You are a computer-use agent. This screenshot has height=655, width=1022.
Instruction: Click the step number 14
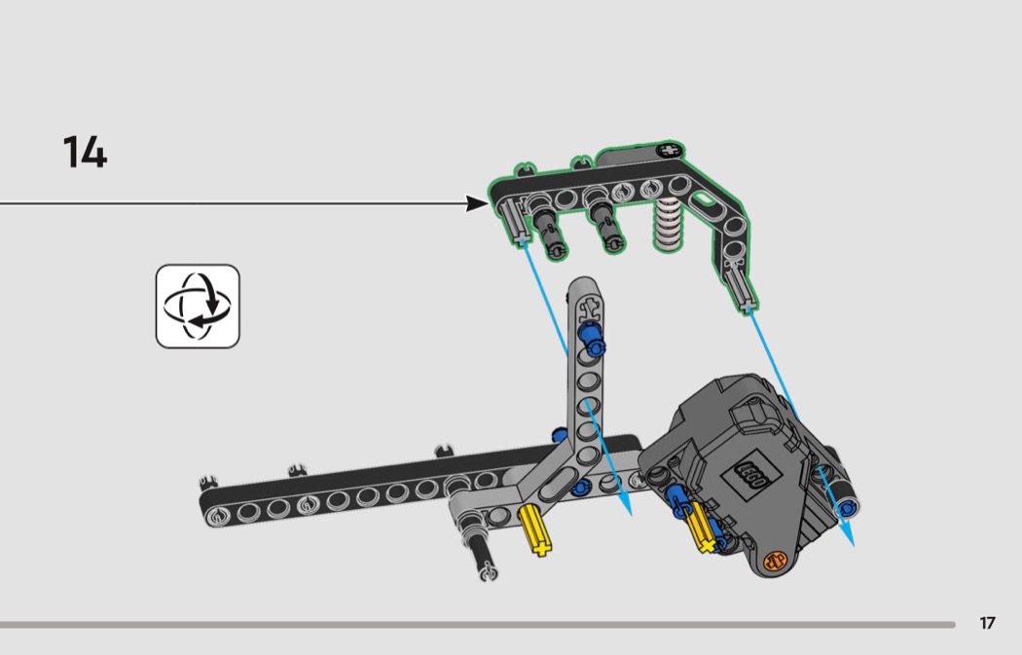85,153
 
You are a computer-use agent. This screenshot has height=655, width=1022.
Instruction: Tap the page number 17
988,624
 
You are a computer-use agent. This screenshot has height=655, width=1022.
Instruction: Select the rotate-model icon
198,306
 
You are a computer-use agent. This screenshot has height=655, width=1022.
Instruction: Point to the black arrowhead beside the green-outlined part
477,203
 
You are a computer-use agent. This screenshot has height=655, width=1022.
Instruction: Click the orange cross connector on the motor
776,562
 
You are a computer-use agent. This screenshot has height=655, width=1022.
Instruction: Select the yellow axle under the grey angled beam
534,529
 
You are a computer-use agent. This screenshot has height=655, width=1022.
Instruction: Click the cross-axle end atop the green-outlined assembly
668,151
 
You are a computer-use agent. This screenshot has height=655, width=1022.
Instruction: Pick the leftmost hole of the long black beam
220,507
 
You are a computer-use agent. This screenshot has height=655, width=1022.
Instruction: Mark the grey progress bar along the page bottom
477,625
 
